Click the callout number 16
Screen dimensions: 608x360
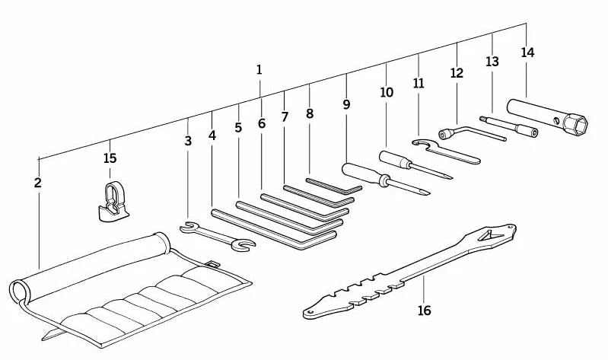tap(424, 311)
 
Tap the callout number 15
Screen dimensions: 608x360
tap(110, 158)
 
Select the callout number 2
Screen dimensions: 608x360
tap(37, 183)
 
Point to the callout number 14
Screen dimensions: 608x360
tap(527, 53)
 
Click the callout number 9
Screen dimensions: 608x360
tap(346, 104)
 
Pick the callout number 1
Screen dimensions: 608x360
tap(259, 70)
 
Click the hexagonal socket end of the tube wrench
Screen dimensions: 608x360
tap(576, 123)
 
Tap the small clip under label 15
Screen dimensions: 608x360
tap(112, 202)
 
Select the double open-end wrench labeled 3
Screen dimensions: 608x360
tap(217, 235)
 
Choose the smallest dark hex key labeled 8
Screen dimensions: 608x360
tap(334, 187)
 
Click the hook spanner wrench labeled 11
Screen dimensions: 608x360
tap(446, 151)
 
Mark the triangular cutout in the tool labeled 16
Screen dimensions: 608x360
tap(489, 235)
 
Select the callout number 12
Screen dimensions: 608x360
tap(457, 73)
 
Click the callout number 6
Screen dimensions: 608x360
tap(262, 124)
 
